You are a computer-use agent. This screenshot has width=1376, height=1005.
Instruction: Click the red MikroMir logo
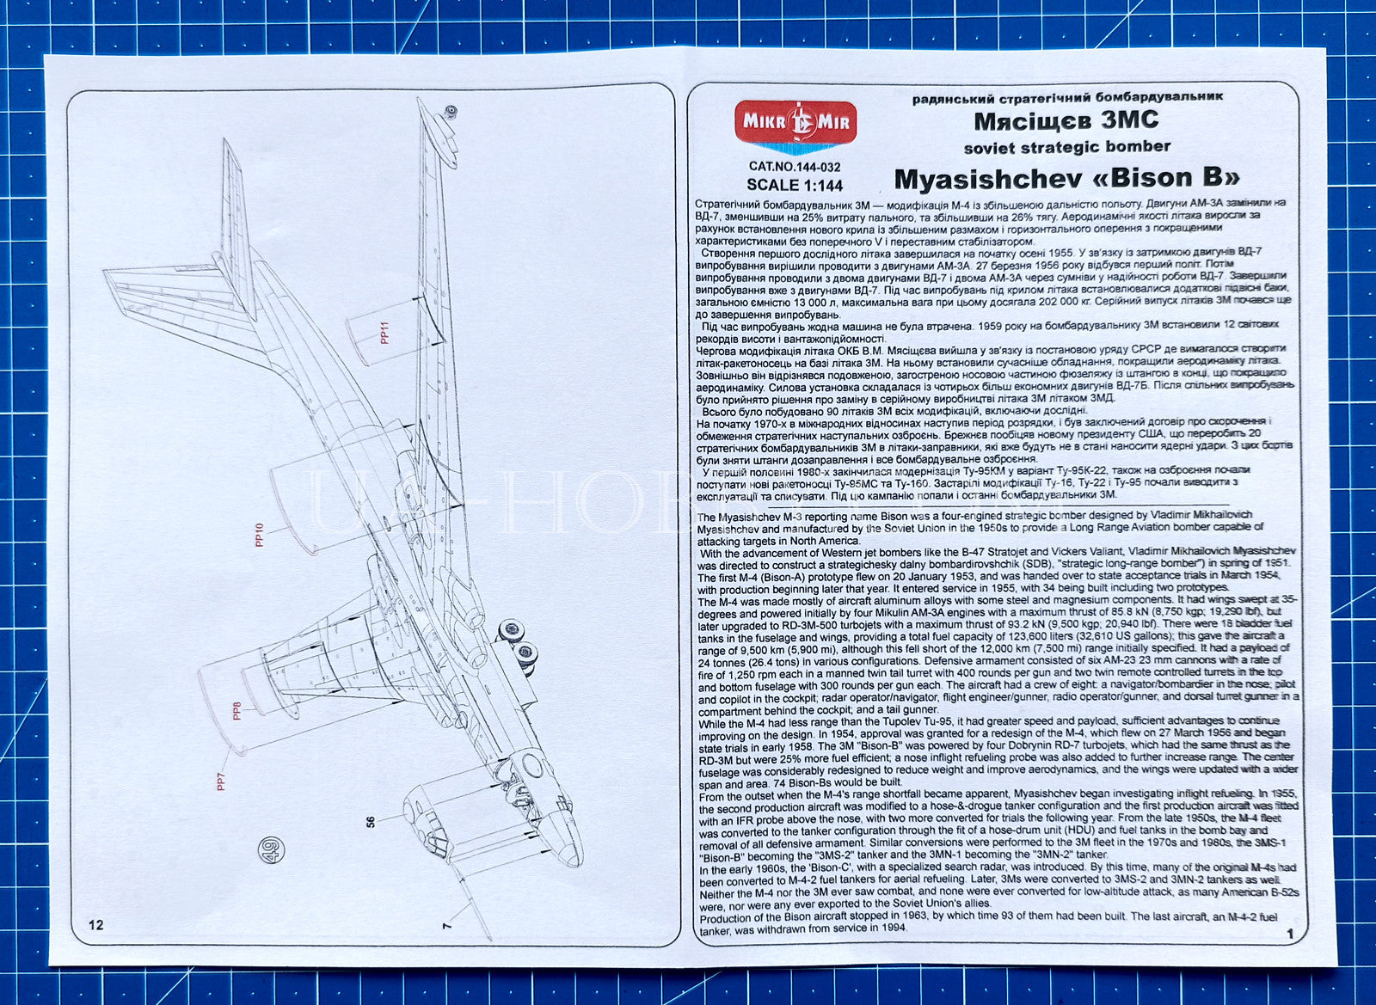(x=795, y=126)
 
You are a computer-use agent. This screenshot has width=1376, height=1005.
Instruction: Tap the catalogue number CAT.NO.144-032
(x=795, y=167)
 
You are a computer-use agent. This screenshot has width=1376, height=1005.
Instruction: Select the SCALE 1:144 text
(x=795, y=185)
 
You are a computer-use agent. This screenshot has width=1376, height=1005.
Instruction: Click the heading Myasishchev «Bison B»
(x=1067, y=178)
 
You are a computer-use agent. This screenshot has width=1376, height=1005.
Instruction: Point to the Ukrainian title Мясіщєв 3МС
(x=1066, y=120)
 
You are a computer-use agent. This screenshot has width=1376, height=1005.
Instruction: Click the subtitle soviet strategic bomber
(x=1067, y=147)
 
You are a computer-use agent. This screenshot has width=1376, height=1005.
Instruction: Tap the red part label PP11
(x=385, y=332)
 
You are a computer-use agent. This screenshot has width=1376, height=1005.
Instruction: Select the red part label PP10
(x=259, y=535)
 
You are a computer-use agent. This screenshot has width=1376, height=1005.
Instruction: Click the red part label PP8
(x=236, y=711)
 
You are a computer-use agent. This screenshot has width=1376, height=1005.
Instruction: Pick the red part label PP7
(x=221, y=781)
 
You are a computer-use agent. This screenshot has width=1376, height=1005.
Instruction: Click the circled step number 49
(x=272, y=849)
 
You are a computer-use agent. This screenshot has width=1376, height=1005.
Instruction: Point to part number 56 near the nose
(x=371, y=821)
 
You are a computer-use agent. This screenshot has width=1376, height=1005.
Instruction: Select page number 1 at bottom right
(x=1290, y=933)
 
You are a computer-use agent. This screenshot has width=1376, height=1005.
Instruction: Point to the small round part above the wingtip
(x=451, y=113)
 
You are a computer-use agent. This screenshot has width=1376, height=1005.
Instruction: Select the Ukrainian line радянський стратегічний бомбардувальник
(x=1067, y=97)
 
